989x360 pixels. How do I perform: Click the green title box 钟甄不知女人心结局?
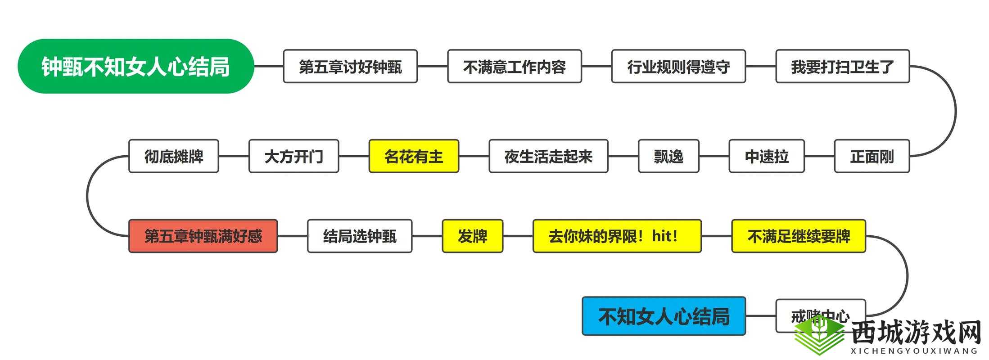[136, 66]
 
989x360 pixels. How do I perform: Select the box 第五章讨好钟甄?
[350, 67]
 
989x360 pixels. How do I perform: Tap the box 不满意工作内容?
[515, 67]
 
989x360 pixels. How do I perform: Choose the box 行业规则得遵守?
[678, 67]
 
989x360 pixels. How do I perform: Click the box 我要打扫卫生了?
[843, 67]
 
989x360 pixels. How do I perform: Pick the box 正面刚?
[872, 156]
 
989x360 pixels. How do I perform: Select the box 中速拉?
[767, 156]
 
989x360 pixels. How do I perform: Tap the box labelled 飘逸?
[668, 156]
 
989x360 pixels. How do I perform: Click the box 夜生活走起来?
[548, 156]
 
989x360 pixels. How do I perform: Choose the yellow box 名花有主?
[414, 156]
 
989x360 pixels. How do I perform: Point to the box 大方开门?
[294, 156]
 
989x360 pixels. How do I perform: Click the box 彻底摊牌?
[174, 156]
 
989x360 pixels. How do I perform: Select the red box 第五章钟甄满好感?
[203, 236]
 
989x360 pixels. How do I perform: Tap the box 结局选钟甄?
[360, 236]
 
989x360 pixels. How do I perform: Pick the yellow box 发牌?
[472, 236]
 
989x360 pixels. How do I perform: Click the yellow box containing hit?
[617, 236]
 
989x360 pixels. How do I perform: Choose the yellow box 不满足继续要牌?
[799, 236]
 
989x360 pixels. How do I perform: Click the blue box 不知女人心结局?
[664, 316]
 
